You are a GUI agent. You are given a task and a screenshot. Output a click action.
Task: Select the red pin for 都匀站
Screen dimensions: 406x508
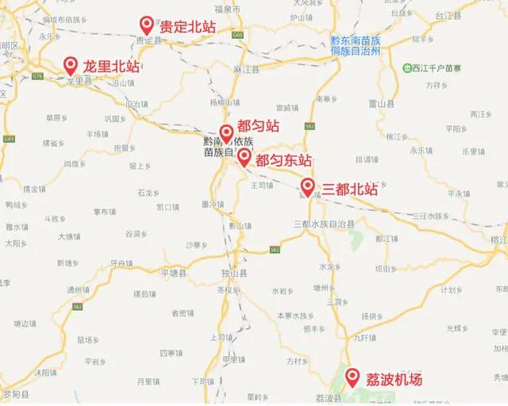click(x=225, y=132)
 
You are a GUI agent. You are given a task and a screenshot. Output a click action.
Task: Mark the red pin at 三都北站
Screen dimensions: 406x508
click(x=306, y=187)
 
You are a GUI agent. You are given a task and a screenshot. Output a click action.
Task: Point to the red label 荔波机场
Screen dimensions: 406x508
click(x=394, y=379)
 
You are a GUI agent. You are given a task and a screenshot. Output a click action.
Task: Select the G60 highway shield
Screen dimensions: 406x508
click(x=239, y=36)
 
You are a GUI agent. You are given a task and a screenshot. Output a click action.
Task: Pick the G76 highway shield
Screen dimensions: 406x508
click(x=38, y=76)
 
